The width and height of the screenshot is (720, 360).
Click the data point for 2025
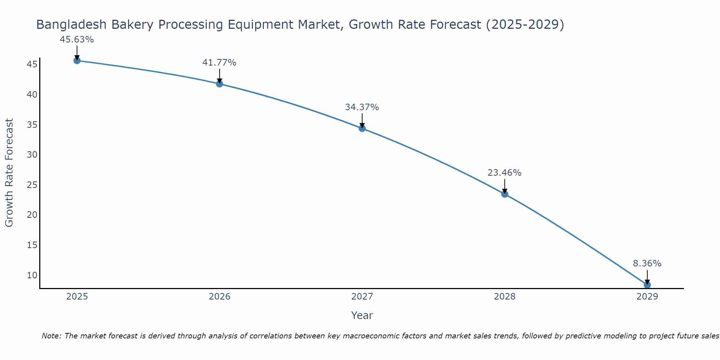pos(77,60)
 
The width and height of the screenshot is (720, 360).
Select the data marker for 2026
pos(220,84)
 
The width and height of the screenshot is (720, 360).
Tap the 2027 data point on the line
pos(362,128)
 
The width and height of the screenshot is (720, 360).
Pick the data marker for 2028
pos(505,194)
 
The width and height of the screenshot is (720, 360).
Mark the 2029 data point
pos(647,285)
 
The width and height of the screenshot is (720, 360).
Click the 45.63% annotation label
pos(77,40)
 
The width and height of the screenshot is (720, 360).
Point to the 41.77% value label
pos(219,63)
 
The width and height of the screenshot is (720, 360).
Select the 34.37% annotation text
pos(362,107)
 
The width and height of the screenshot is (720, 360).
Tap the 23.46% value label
pos(504,173)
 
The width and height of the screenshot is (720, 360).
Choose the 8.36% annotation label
pos(647,264)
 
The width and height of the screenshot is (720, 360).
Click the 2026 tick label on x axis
pos(220,297)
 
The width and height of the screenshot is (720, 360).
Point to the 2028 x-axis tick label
pos(505,297)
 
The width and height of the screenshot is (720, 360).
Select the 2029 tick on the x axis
pos(647,297)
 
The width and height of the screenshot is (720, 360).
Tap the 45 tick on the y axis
pos(32,64)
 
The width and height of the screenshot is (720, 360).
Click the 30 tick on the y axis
pos(32,155)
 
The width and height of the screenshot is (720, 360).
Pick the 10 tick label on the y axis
pos(32,275)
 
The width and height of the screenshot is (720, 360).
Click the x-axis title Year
pos(362,315)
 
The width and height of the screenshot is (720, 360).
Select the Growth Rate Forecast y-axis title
pos(9,173)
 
